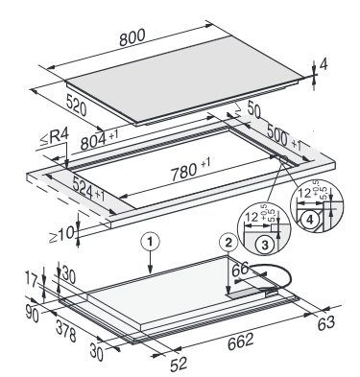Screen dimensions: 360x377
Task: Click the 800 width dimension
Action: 132,37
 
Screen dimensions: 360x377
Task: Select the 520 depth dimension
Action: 77,105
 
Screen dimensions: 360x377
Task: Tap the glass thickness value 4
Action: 324,65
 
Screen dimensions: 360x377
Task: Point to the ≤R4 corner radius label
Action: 54,137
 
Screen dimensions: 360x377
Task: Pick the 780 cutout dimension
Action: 190,169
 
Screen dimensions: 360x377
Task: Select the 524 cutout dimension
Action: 88,189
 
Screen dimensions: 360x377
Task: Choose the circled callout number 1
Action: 151,242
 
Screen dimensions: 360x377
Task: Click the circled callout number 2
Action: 228,243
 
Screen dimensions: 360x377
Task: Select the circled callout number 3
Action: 265,245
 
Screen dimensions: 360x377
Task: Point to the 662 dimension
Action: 241,341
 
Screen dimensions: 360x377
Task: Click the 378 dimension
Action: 66,331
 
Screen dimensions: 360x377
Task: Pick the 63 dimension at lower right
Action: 326,323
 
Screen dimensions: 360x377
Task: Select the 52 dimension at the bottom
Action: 179,365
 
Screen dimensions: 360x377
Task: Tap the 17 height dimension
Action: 32,278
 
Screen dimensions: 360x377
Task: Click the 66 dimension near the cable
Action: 240,269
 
